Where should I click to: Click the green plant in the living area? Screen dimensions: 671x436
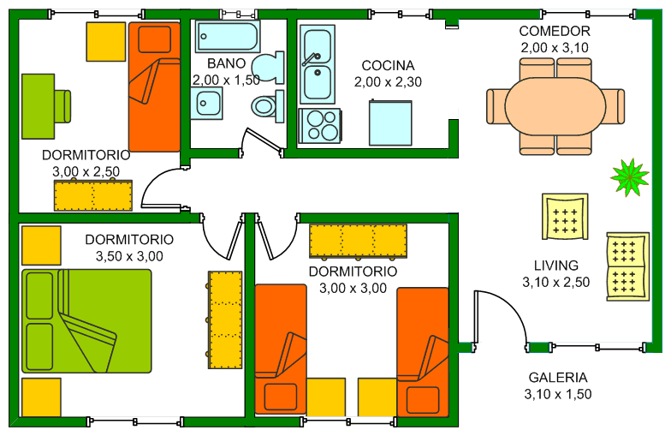(x=629, y=177)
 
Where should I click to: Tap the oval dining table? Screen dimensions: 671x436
(x=555, y=106)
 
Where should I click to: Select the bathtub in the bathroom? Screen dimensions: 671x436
(x=228, y=36)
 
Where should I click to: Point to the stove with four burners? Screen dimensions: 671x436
(x=320, y=125)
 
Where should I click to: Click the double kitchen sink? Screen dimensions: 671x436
(x=317, y=64)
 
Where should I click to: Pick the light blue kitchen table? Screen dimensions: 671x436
(x=390, y=123)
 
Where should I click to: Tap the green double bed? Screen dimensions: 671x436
(x=86, y=320)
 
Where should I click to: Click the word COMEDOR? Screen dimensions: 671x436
(x=555, y=31)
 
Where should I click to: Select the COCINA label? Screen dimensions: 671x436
(x=388, y=65)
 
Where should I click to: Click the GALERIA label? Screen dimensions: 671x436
(x=558, y=377)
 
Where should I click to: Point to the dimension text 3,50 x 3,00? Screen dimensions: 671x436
(x=129, y=256)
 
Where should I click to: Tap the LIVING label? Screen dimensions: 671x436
(x=556, y=266)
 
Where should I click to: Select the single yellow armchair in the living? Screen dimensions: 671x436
(x=565, y=216)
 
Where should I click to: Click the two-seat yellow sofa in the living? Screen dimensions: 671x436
(x=628, y=266)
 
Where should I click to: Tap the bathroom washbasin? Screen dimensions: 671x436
(x=206, y=103)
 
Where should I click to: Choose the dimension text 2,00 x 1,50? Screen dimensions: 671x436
(x=226, y=81)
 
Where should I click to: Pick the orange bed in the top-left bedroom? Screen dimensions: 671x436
(x=154, y=87)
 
